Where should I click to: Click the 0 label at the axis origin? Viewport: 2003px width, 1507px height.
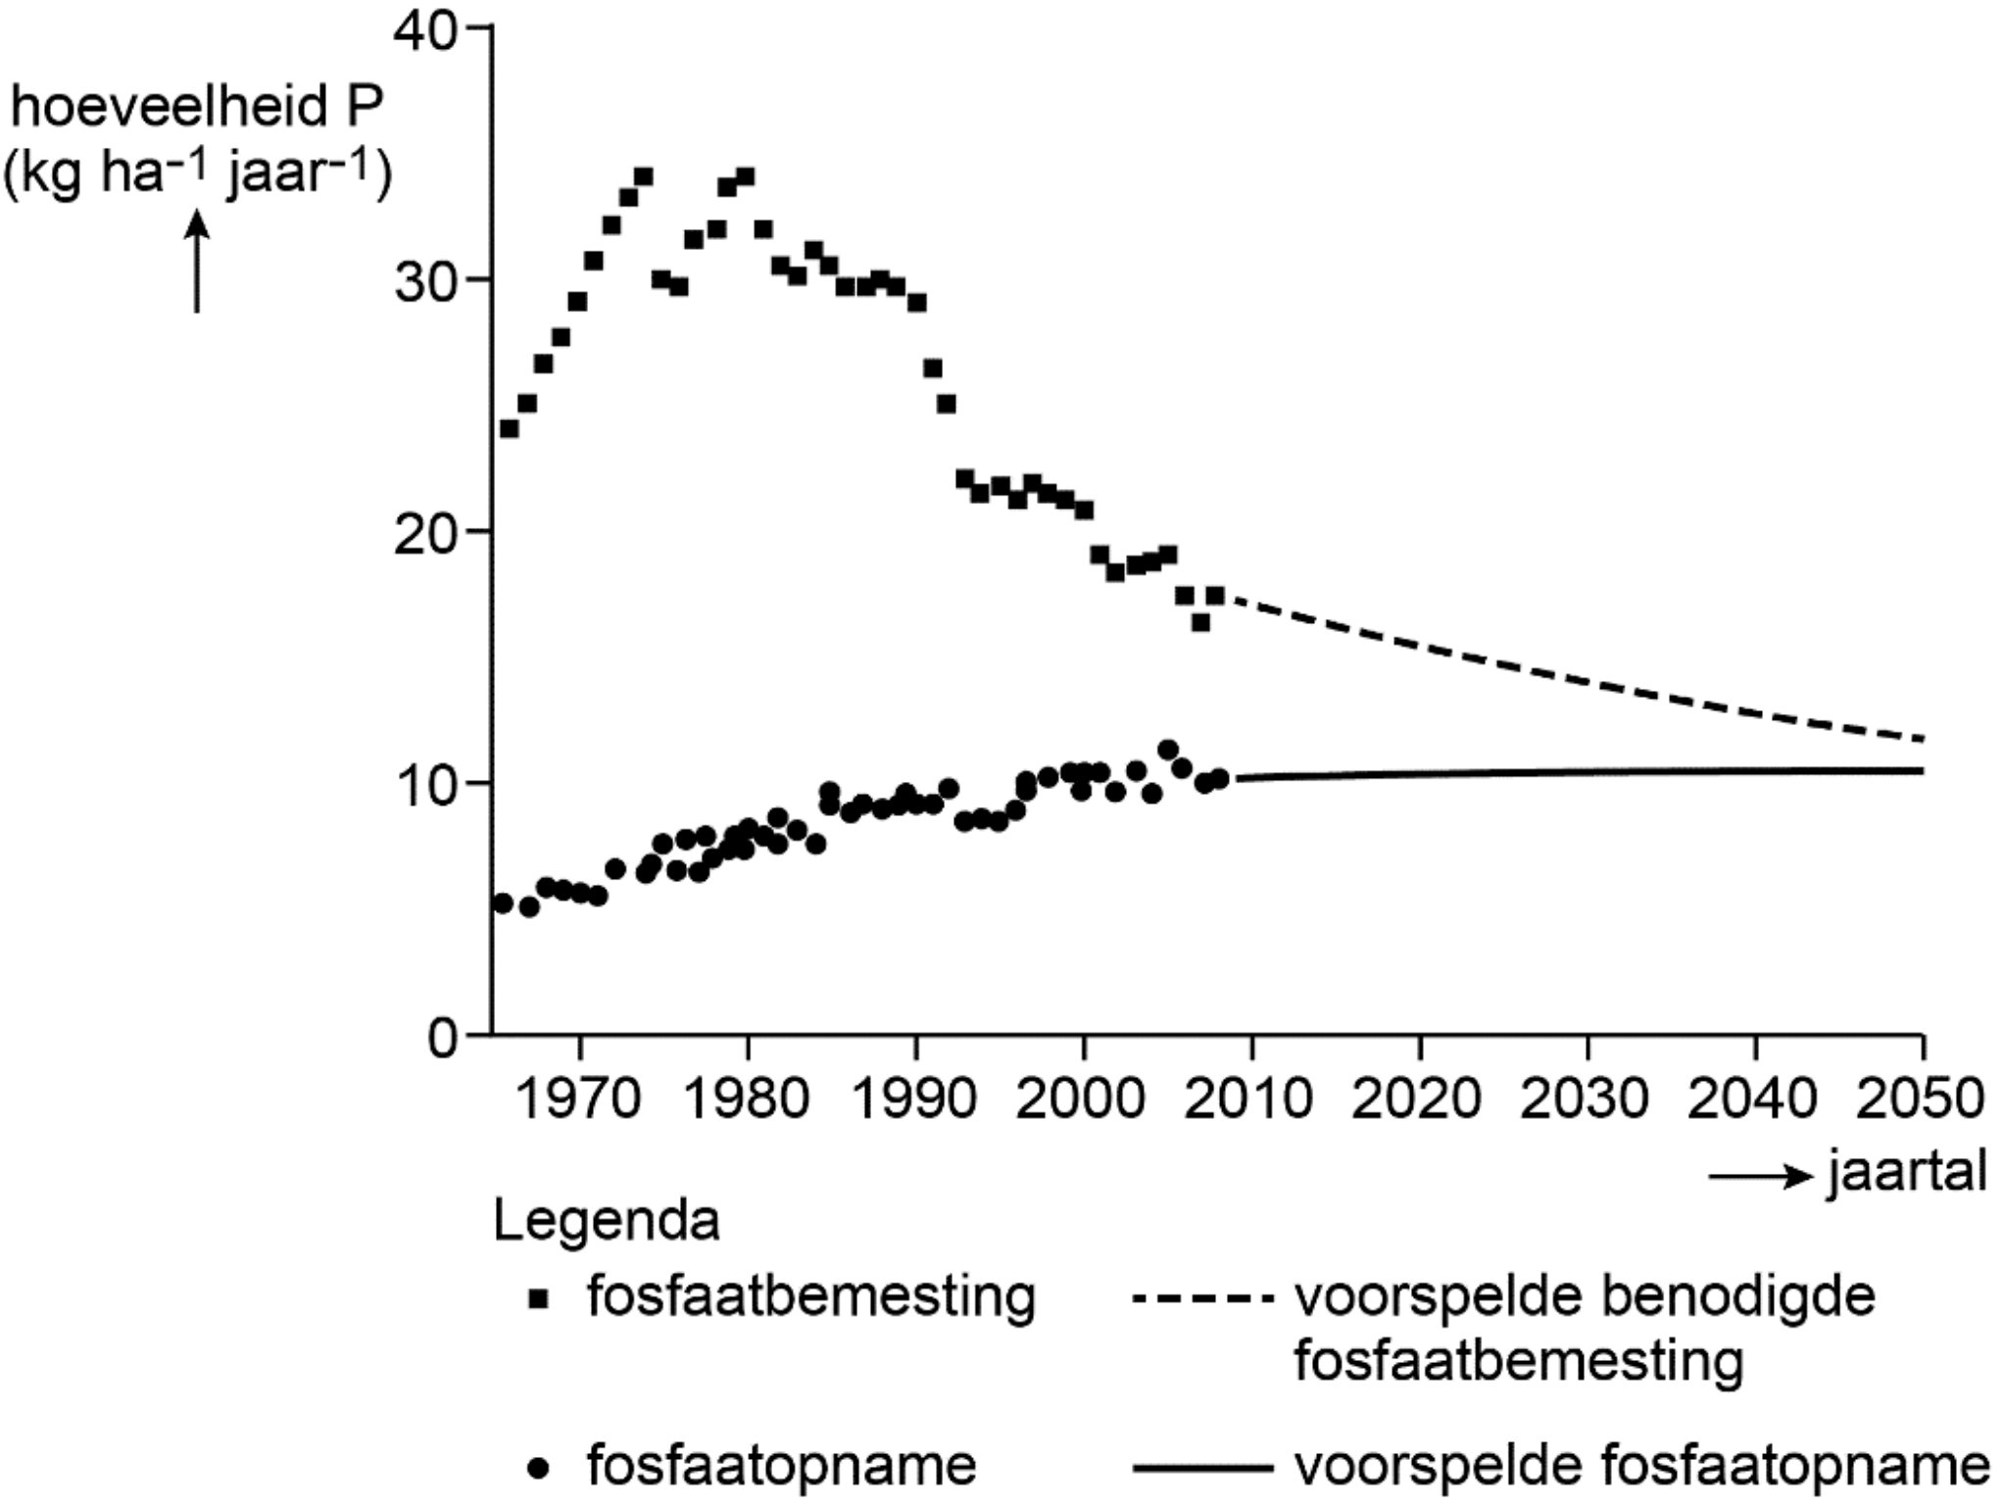[x=443, y=1038]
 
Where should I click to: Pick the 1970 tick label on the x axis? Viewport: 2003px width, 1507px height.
[x=578, y=1097]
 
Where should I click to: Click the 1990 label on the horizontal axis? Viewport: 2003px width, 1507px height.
[x=915, y=1097]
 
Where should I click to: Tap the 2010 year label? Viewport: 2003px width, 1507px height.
[x=1250, y=1097]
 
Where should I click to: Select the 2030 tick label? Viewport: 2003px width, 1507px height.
[x=1587, y=1097]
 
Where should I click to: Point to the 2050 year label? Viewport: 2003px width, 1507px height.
[x=1921, y=1097]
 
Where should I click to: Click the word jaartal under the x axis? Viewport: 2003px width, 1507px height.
[x=1907, y=1173]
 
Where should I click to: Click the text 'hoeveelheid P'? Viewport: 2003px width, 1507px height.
[x=196, y=107]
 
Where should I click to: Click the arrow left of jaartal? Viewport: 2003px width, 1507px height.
[x=1761, y=1176]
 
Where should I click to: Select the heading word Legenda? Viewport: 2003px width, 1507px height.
[x=607, y=1221]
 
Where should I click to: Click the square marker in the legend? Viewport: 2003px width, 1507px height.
[x=538, y=1299]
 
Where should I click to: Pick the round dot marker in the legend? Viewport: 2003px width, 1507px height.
[x=538, y=1468]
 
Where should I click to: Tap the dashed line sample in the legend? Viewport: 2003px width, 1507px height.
[x=1202, y=1299]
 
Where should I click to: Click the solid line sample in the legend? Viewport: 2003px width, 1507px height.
[x=1202, y=1468]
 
